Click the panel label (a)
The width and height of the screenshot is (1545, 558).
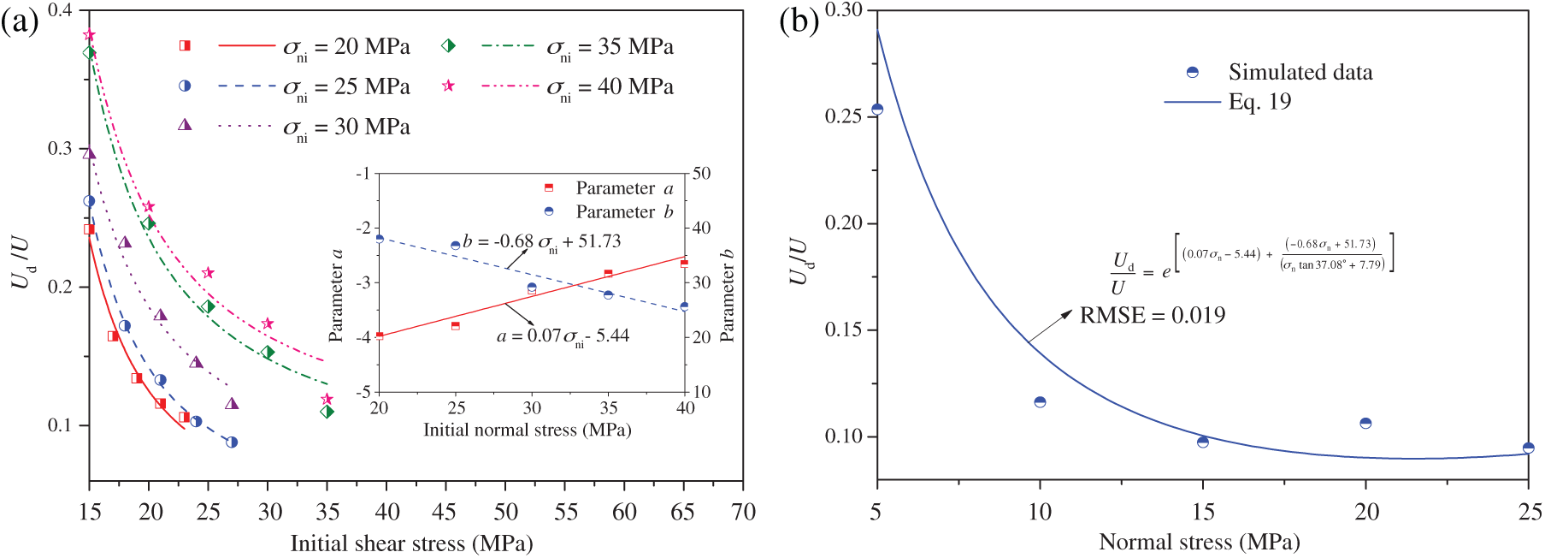pos(20,22)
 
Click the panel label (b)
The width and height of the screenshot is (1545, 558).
pos(799,21)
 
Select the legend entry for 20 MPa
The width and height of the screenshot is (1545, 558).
pos(346,46)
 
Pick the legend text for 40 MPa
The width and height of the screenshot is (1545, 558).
pos(610,86)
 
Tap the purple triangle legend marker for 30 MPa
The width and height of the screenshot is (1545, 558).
pos(185,125)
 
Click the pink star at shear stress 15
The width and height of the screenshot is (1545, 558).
pos(89,35)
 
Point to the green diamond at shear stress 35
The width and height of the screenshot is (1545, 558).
pos(327,412)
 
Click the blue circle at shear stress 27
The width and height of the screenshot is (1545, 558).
pos(232,442)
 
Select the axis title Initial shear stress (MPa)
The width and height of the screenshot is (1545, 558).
pos(411,543)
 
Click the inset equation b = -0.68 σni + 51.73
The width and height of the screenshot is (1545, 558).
pos(542,242)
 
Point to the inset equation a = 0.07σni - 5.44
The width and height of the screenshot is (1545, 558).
pos(563,336)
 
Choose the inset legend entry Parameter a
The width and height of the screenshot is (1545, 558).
pos(624,187)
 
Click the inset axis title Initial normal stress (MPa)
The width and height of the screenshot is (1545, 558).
pos(527,430)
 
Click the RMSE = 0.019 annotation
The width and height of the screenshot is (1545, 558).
pos(1152,316)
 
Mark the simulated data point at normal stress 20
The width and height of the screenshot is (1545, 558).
pos(1365,423)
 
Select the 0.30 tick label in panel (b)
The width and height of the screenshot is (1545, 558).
pos(843,10)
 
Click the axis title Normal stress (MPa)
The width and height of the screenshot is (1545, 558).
pos(1199,542)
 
